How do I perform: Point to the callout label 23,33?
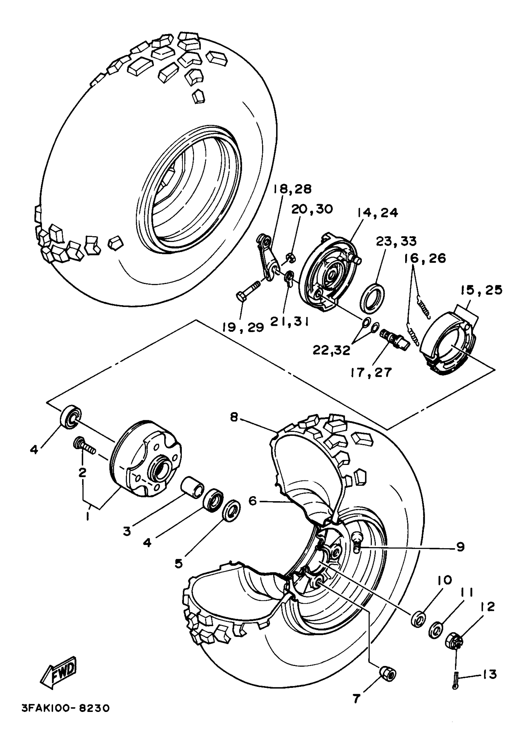pos(396,241)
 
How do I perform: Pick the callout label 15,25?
pos(481,290)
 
